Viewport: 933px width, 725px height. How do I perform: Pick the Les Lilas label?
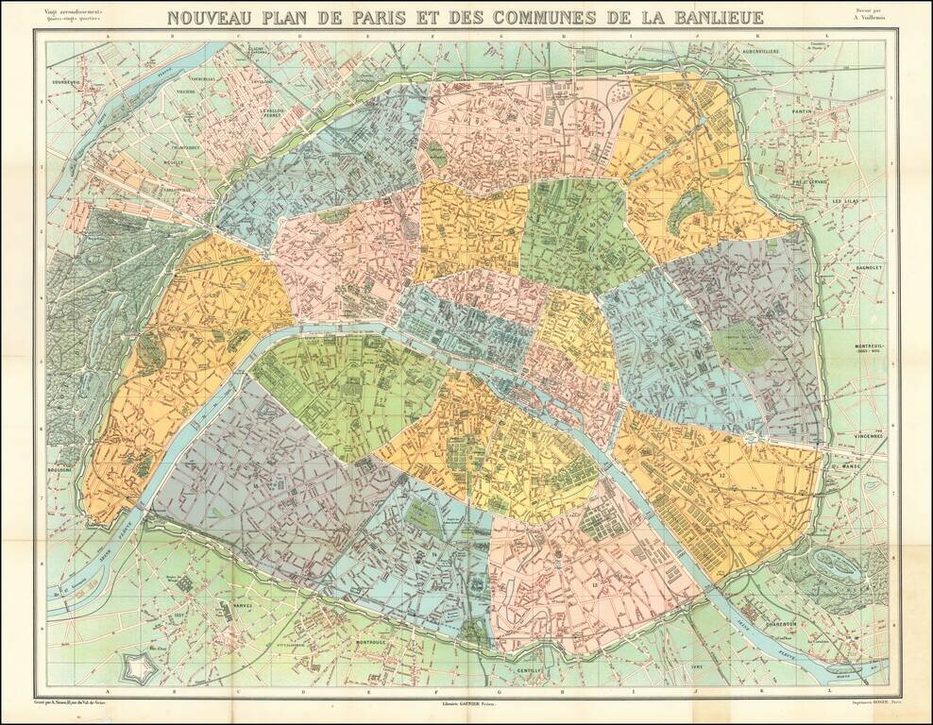(x=842, y=201)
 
